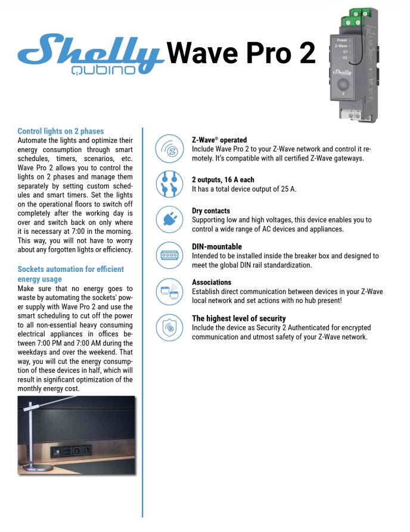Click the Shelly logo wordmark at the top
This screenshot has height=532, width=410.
click(89, 51)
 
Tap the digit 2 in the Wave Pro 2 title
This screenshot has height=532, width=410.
click(306, 53)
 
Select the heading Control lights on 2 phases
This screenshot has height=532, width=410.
click(61, 131)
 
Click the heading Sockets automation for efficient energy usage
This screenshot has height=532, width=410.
click(70, 274)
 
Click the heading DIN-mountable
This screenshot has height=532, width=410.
click(217, 246)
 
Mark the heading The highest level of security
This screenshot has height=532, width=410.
click(238, 318)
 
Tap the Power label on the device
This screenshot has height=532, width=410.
click(342, 40)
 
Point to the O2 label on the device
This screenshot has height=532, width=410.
click(346, 57)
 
